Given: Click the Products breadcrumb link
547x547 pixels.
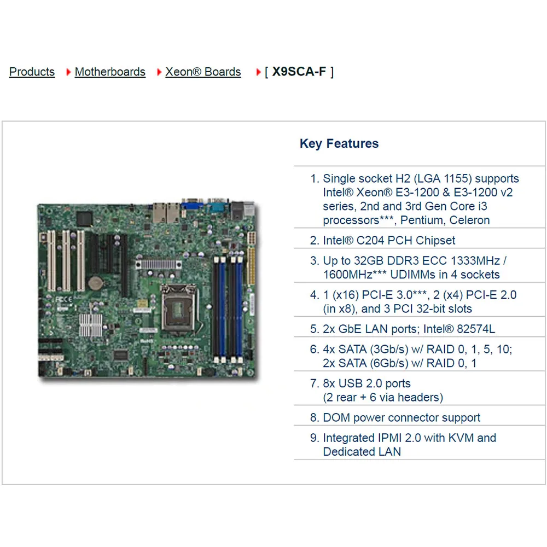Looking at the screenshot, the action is click(32, 72).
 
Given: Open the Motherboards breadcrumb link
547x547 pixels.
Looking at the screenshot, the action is click(110, 72).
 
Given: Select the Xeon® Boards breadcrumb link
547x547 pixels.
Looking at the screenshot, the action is click(203, 72).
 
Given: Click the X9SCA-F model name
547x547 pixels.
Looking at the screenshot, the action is click(299, 72).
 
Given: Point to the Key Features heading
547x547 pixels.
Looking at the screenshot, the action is click(339, 143).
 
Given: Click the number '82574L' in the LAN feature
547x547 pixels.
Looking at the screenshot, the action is click(476, 329).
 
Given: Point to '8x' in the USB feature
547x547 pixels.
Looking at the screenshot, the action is click(329, 383).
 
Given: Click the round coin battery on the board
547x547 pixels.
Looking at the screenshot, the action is click(95, 283).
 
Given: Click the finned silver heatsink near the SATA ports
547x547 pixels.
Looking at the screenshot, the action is click(91, 325).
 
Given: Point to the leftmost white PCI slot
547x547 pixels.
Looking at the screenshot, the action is click(51, 260).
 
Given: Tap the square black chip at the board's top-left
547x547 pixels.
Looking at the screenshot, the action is click(84, 218).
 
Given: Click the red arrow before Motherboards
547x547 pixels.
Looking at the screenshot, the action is click(68, 72).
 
